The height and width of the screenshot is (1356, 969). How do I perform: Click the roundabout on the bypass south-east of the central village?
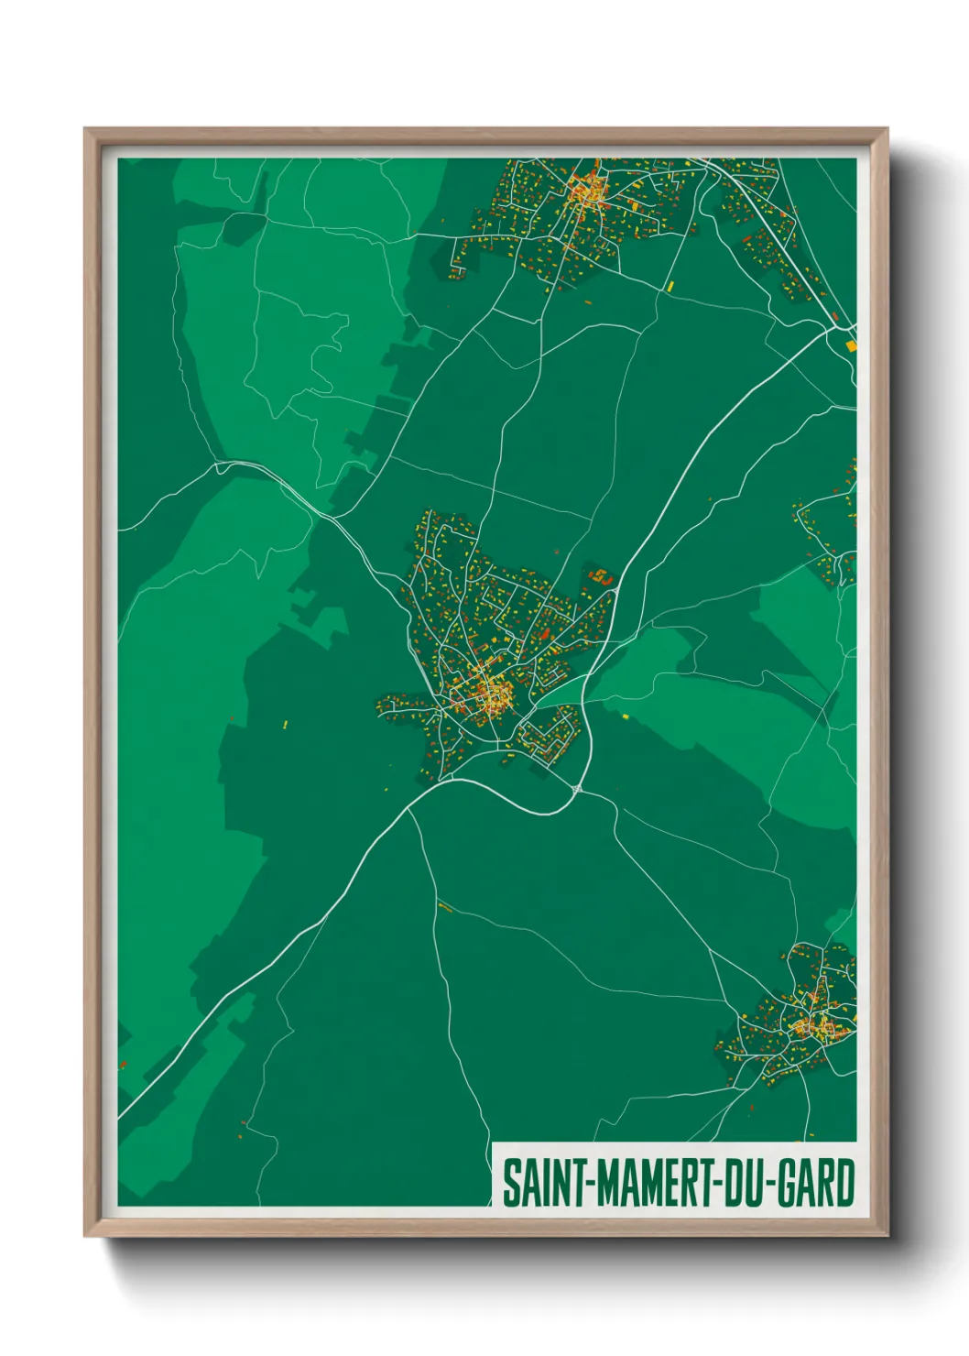click(x=577, y=788)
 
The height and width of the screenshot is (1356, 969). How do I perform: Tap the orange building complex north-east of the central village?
click(x=602, y=576)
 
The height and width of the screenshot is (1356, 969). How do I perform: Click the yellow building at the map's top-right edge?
click(x=850, y=345)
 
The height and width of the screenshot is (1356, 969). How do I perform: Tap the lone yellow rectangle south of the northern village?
click(x=670, y=286)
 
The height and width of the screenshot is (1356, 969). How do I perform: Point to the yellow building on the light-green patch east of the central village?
click(x=626, y=716)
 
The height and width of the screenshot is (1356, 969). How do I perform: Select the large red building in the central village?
click(x=546, y=633)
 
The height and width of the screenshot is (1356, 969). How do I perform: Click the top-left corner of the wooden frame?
click(x=87, y=131)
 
